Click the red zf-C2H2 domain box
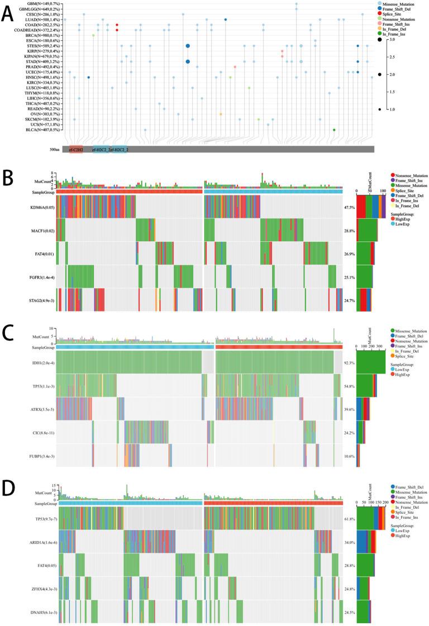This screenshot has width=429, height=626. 75,150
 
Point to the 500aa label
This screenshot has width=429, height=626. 54,150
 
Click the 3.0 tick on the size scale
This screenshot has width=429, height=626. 393,40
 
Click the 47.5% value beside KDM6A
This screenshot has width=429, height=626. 350,207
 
